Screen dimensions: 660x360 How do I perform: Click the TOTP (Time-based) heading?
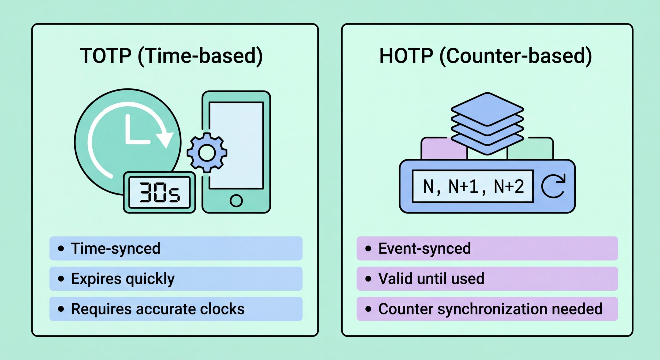click(171, 56)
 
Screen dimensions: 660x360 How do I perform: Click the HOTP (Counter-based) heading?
click(486, 56)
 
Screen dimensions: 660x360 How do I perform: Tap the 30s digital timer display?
click(159, 192)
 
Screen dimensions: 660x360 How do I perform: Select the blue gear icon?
click(207, 153)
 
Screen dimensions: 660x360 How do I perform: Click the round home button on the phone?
click(236, 201)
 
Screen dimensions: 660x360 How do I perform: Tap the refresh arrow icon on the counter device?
click(553, 186)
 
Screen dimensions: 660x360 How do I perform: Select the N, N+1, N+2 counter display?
click(473, 187)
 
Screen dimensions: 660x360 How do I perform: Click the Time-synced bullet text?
click(116, 248)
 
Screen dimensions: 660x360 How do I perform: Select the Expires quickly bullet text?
click(123, 278)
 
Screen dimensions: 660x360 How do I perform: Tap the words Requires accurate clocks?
click(157, 309)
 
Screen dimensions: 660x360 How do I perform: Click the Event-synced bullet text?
click(424, 248)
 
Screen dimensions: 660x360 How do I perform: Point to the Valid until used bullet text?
click(431, 278)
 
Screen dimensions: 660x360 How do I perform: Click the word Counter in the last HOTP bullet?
click(406, 309)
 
